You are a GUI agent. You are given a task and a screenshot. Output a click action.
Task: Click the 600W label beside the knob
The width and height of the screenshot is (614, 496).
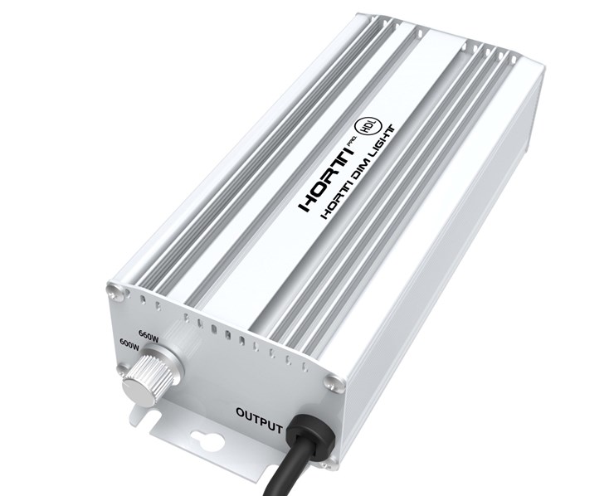point(129,342)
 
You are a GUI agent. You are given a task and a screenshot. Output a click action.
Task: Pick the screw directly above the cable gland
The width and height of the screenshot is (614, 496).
point(334,382)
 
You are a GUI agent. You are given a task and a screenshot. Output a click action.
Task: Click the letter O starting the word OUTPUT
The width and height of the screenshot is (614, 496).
point(241,411)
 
